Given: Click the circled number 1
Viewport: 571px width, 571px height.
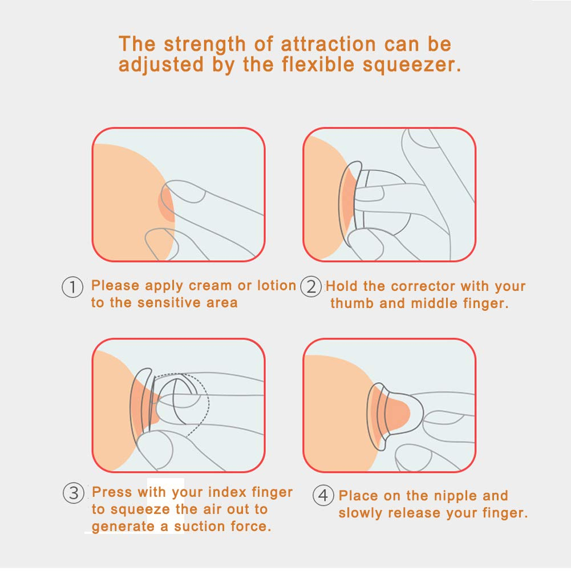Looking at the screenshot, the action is [x=73, y=287].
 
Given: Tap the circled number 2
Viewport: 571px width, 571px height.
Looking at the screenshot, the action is [x=311, y=286].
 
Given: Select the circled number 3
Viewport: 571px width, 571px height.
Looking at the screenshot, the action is [x=74, y=493].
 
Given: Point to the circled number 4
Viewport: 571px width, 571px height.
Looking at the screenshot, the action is [x=323, y=495].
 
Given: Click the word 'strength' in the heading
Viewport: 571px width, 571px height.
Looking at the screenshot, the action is [x=205, y=45].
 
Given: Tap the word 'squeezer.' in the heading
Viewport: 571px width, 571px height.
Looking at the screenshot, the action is [x=412, y=65].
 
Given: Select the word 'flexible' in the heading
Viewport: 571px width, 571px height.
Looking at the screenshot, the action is [x=318, y=64].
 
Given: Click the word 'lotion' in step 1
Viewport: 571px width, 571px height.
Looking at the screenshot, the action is [x=277, y=285].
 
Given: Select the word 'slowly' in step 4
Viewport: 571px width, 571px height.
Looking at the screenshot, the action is [x=360, y=513].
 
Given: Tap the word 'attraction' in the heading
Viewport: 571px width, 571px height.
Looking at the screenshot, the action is [x=328, y=45].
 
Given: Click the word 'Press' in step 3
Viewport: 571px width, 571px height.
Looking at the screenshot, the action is [x=112, y=492].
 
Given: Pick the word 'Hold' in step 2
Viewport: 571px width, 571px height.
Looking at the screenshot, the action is [x=342, y=286].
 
